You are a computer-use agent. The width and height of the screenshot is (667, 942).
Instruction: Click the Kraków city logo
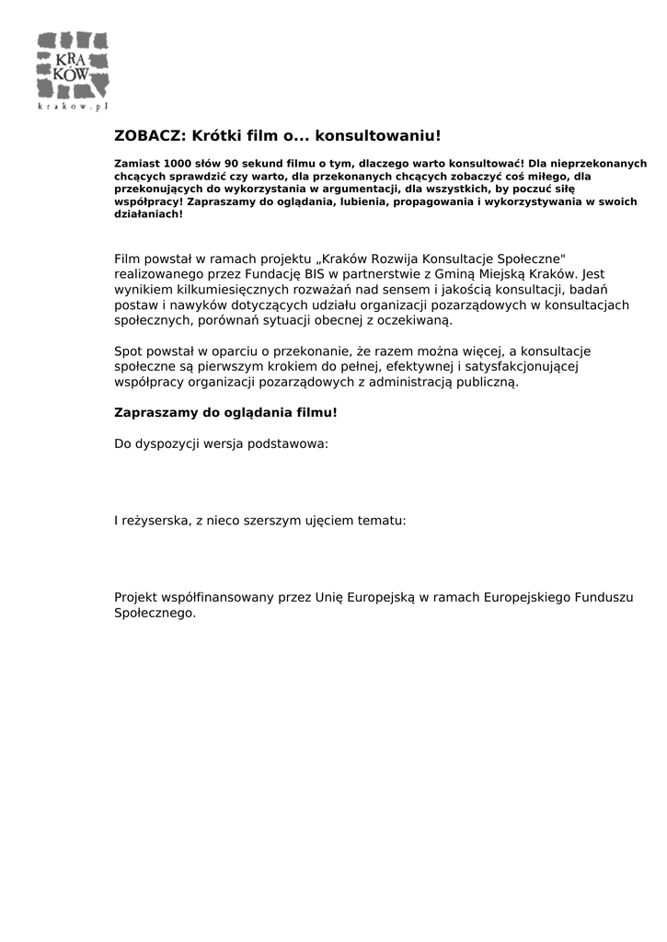73,65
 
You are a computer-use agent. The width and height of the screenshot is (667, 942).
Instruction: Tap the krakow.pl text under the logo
73,107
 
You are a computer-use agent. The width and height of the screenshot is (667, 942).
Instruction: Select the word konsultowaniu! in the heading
378,136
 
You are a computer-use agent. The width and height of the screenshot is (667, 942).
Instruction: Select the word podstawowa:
289,443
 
